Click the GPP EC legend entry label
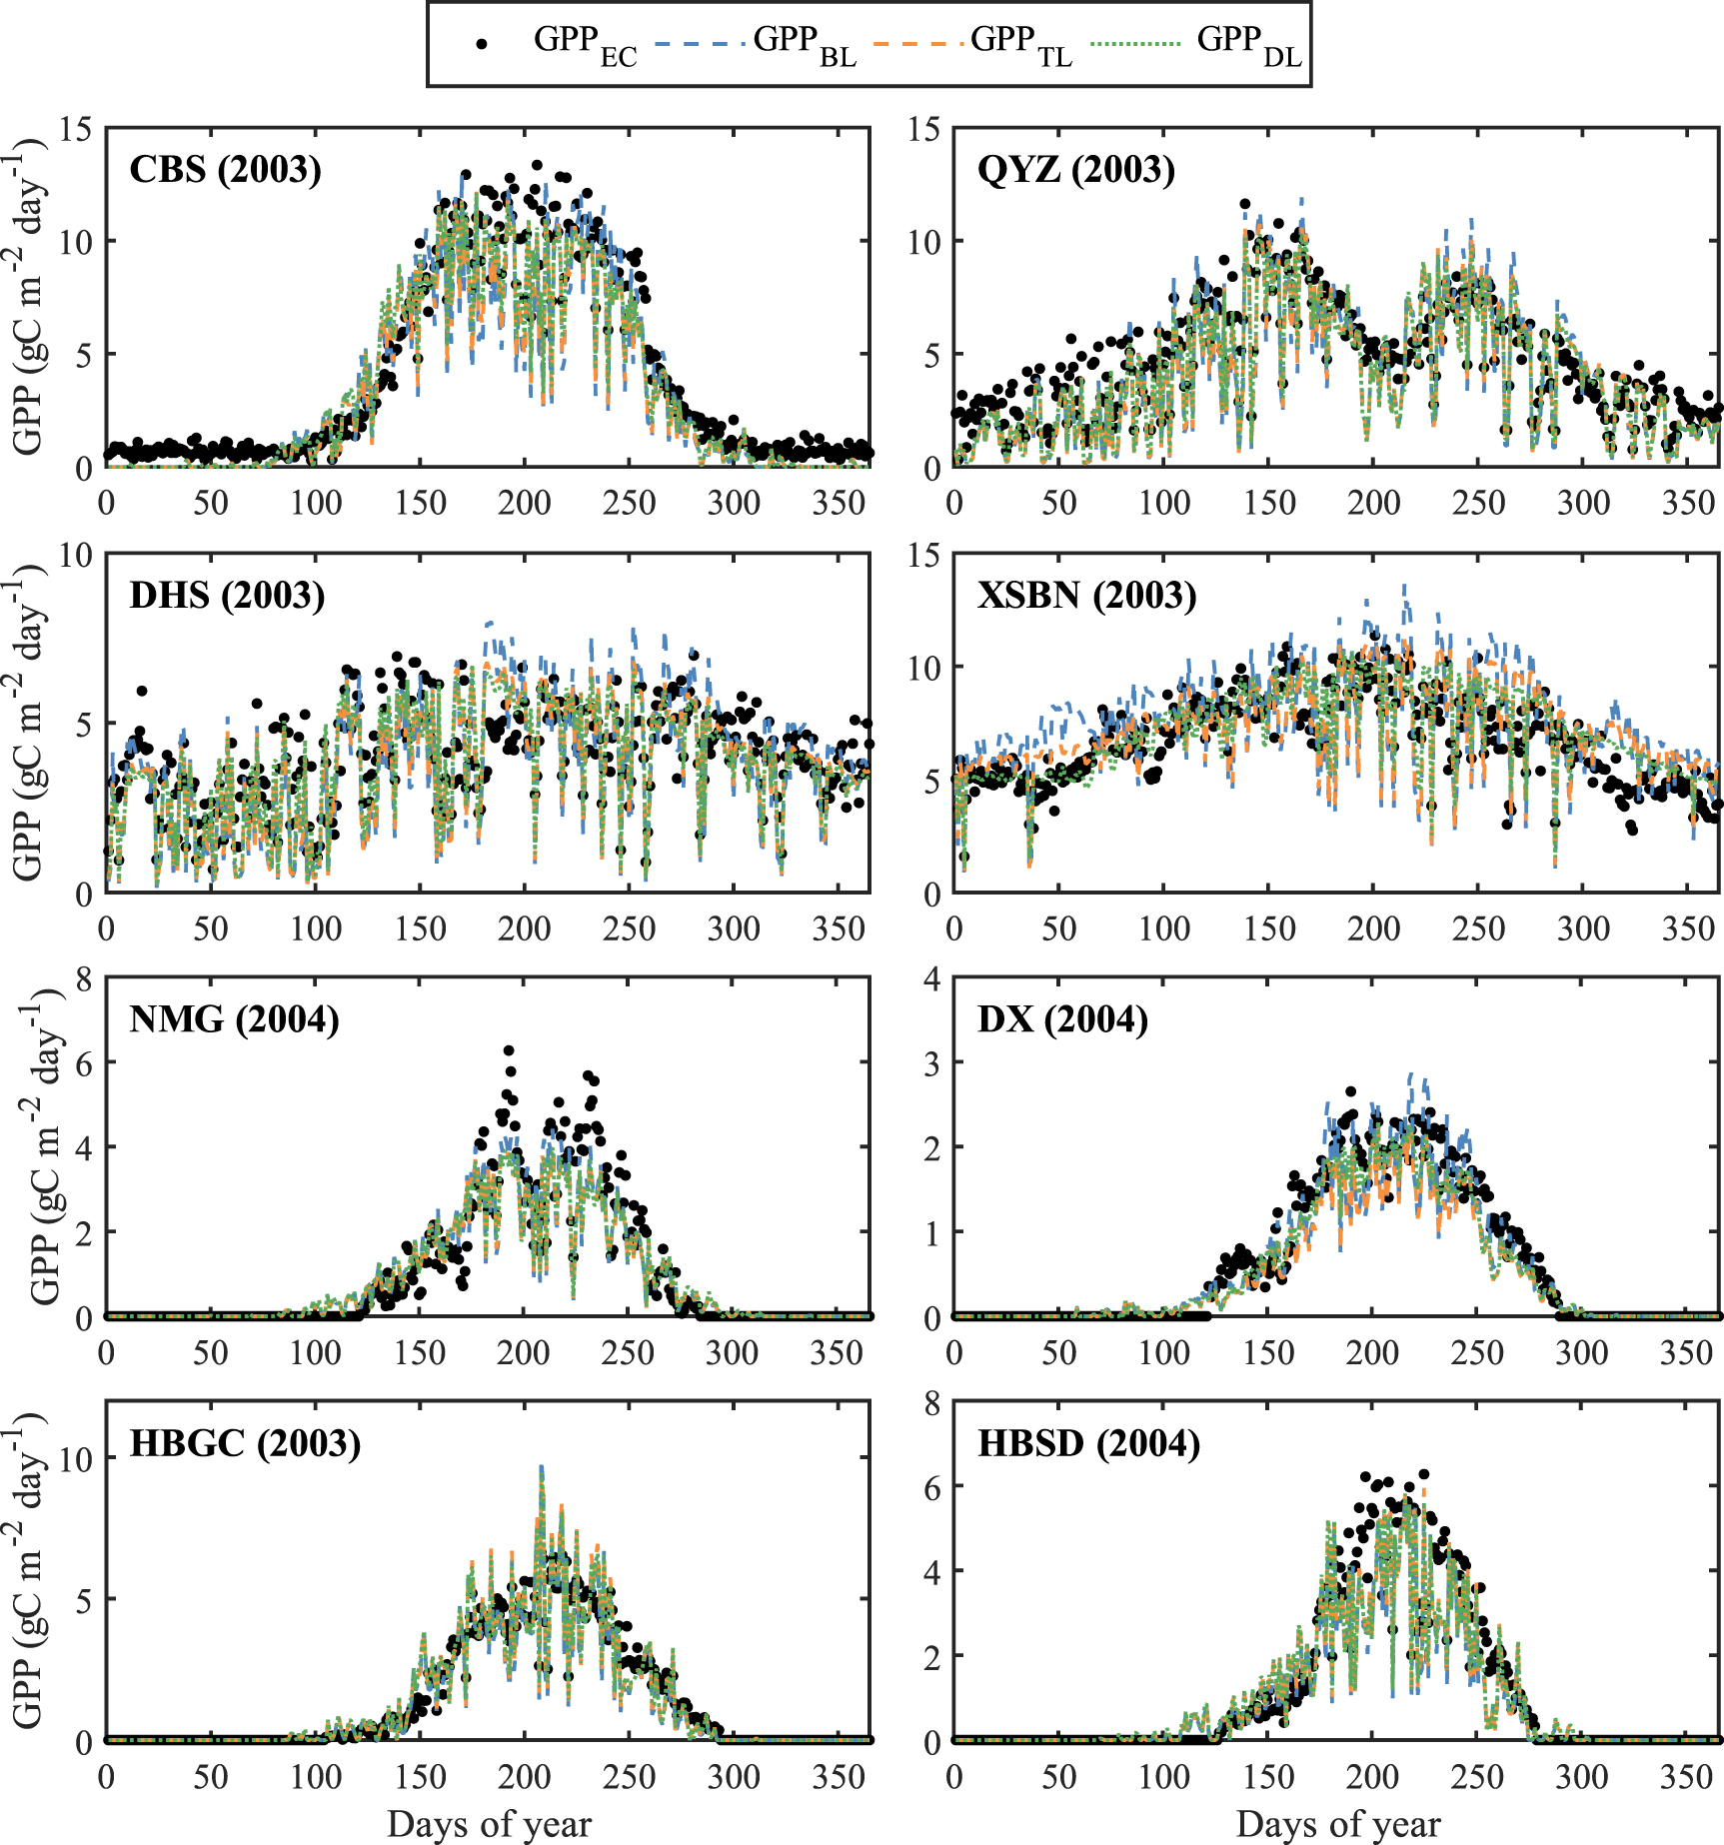click(585, 44)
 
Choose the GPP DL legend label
click(1249, 44)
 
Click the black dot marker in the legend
click(482, 44)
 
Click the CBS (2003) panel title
click(226, 170)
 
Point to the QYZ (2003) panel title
click(1076, 170)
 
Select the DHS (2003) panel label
click(227, 596)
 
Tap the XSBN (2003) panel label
click(1086, 596)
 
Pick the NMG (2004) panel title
click(234, 1019)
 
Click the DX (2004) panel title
click(1062, 1019)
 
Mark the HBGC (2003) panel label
click(245, 1444)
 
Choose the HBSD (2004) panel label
click(1088, 1444)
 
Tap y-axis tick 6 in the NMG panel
click(83, 1063)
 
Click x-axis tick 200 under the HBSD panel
click(1372, 1777)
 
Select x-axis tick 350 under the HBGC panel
click(838, 1777)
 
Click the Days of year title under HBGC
click(489, 1824)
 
